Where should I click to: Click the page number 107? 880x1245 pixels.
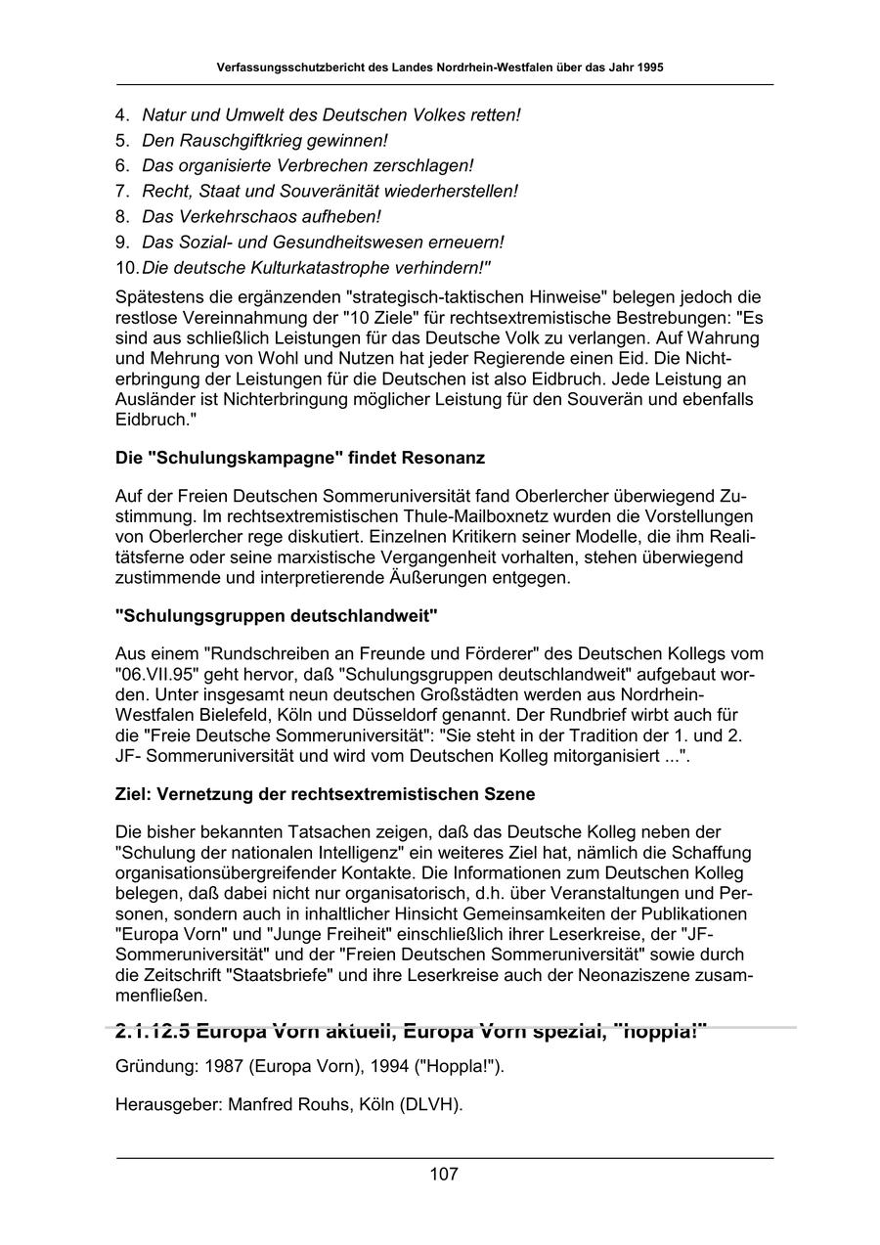(443, 1175)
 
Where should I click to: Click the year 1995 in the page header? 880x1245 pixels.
(649, 68)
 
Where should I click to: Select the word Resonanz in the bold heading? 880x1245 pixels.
(441, 458)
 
